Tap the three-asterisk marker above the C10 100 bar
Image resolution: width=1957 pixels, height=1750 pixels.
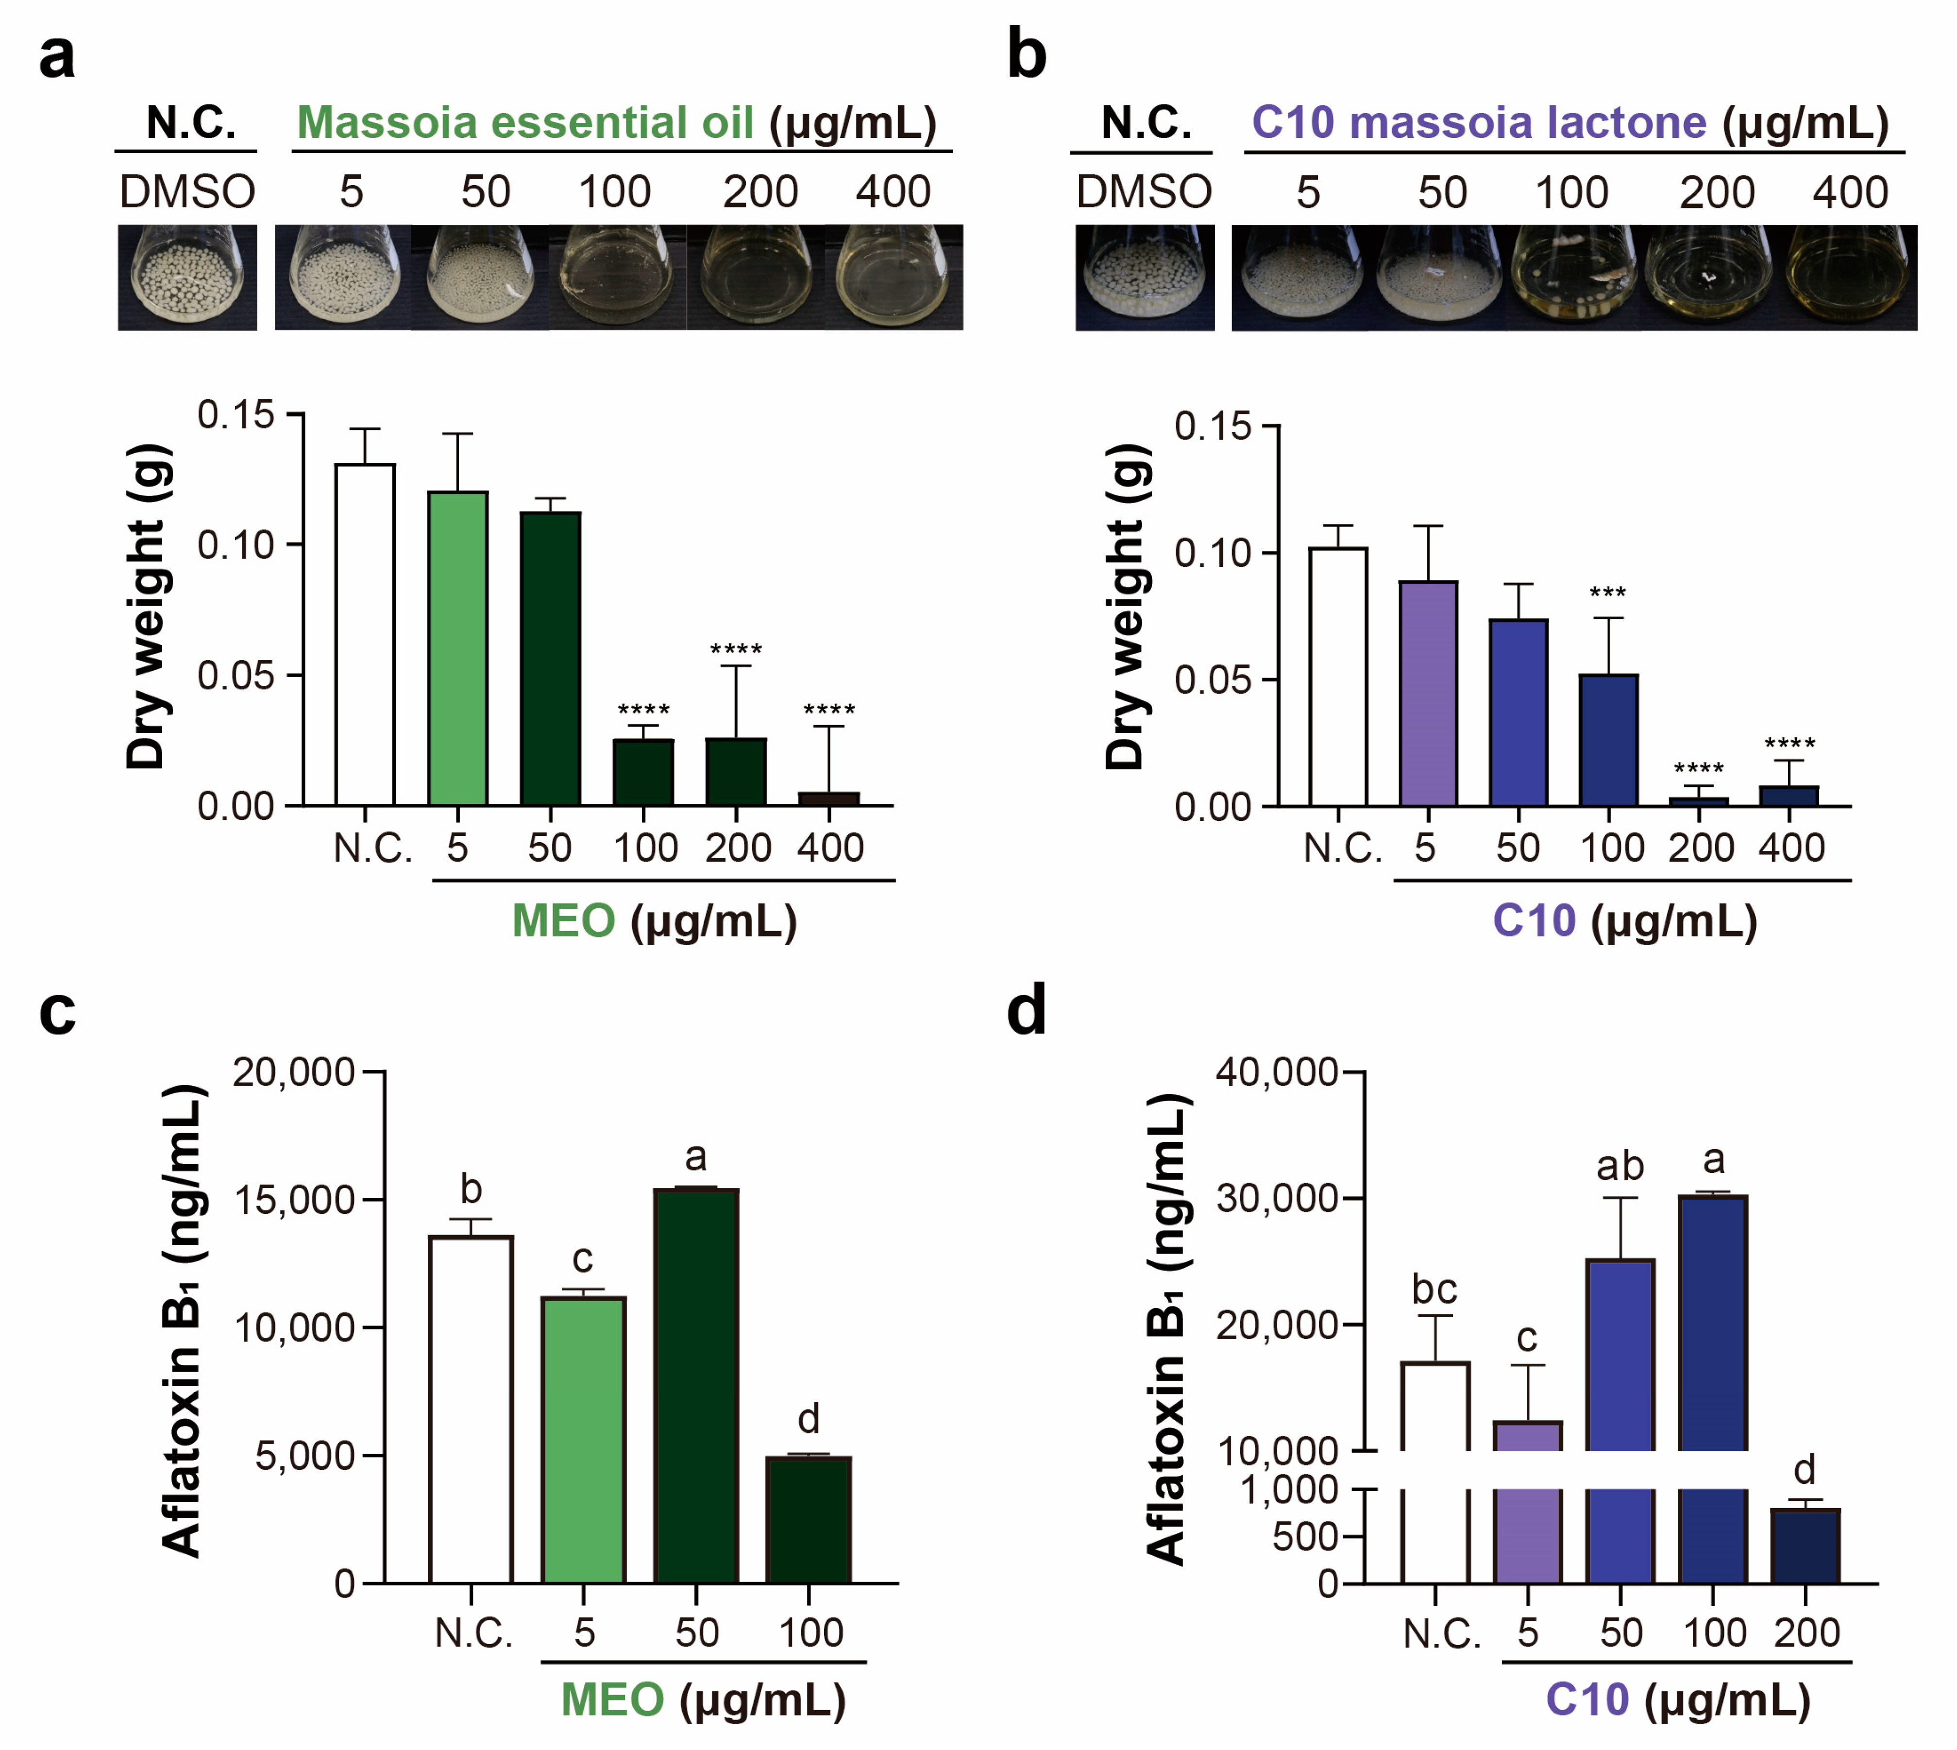[x=1608, y=593]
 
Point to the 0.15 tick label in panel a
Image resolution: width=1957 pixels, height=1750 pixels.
[x=236, y=415]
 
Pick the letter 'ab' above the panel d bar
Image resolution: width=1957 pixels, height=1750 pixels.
[x=1620, y=1166]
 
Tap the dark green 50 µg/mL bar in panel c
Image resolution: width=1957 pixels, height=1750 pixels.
[x=696, y=1385]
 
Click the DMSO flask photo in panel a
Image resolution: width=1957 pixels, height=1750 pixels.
[x=187, y=277]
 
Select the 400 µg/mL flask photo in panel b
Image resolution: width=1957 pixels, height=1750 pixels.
[x=1850, y=277]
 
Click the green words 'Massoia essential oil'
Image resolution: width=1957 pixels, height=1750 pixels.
[x=525, y=123]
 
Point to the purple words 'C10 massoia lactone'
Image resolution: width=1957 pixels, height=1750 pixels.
[x=1478, y=123]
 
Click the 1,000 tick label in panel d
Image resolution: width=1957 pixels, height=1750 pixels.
[x=1290, y=1490]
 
